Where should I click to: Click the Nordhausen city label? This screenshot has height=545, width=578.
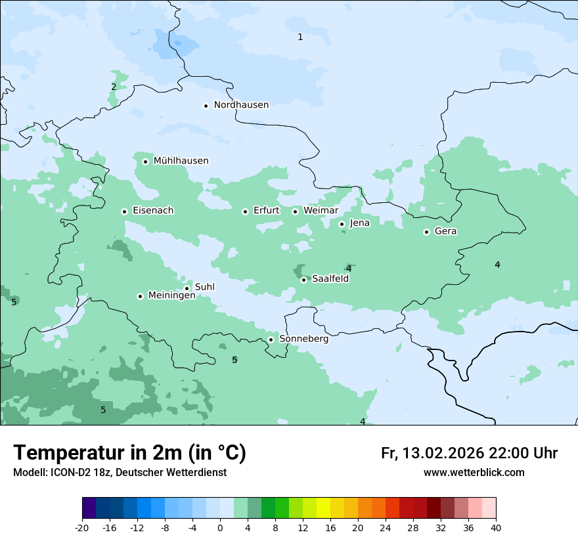coord(241,105)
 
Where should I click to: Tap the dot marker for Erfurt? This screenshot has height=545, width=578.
coord(245,211)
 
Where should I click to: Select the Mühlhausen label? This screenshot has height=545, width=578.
coord(181,161)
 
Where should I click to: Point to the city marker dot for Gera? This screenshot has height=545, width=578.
coord(426,232)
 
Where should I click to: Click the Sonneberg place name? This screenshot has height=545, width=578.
coord(303,339)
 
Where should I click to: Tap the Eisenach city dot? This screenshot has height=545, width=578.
coord(124,211)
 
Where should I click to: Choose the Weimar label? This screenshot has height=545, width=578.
coord(321,211)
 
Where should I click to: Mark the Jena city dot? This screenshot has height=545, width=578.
coord(342,224)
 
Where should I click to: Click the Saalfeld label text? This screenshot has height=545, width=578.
coord(330,279)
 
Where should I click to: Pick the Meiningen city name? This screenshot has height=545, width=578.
coord(171,296)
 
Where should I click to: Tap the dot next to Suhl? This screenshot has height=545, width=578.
coord(187,288)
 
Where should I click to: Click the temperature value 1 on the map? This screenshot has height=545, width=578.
coord(300,37)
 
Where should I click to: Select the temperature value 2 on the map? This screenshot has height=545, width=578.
coord(114,87)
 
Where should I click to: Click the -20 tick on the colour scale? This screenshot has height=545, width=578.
coord(82,527)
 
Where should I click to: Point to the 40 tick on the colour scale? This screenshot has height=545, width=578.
coord(496,527)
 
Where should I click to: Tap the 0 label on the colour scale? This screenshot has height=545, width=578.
coord(220,527)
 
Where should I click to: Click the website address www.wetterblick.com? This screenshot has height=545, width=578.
coord(474,473)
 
